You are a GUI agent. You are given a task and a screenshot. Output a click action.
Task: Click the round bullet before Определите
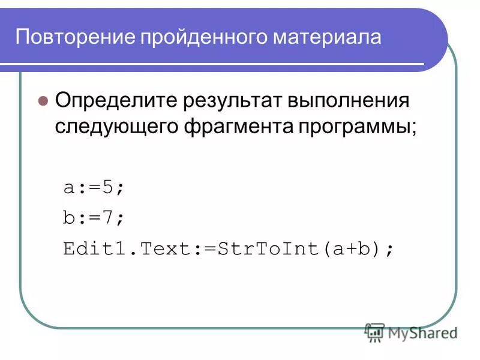click(43, 100)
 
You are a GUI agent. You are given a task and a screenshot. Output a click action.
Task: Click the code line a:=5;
click(94, 187)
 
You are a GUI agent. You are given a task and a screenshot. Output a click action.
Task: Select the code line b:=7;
click(94, 217)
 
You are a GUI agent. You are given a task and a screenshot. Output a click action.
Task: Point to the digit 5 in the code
click(108, 187)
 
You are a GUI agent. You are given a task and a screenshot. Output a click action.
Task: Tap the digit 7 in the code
click(108, 217)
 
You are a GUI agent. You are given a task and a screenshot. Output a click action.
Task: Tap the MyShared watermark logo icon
click(374, 332)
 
